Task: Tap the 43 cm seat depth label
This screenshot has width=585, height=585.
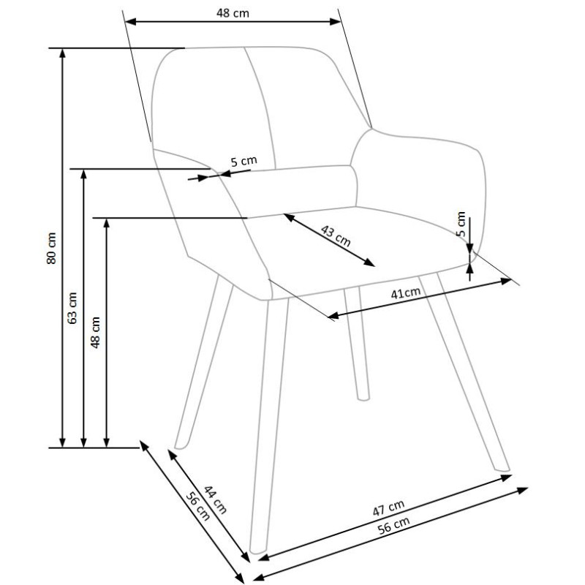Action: point(336,235)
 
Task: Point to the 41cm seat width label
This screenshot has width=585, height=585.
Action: point(406,294)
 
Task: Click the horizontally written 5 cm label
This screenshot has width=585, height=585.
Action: point(244,162)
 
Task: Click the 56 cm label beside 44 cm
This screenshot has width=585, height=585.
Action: point(197,507)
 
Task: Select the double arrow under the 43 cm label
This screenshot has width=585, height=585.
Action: point(329,241)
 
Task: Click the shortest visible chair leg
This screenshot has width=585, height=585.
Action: point(358,344)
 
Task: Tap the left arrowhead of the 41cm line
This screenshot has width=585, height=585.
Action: point(331,317)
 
